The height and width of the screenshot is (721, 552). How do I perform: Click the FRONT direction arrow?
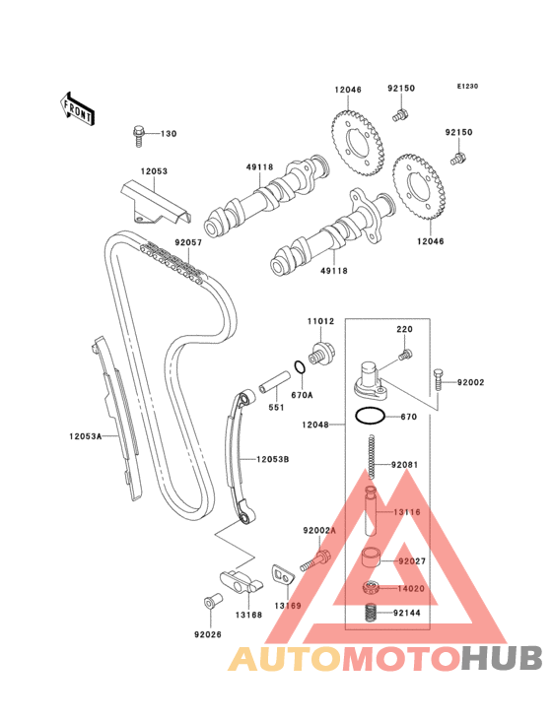(77, 109)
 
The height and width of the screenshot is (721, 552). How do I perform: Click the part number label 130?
(169, 134)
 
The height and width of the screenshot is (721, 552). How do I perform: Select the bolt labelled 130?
(138, 136)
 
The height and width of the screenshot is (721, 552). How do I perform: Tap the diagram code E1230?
(467, 86)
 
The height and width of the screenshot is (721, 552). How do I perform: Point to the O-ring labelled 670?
(370, 417)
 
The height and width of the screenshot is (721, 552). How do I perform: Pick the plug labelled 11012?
(321, 354)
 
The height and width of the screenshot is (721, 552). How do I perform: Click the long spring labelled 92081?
(373, 457)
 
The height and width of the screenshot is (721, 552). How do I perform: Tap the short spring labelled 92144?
(371, 613)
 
